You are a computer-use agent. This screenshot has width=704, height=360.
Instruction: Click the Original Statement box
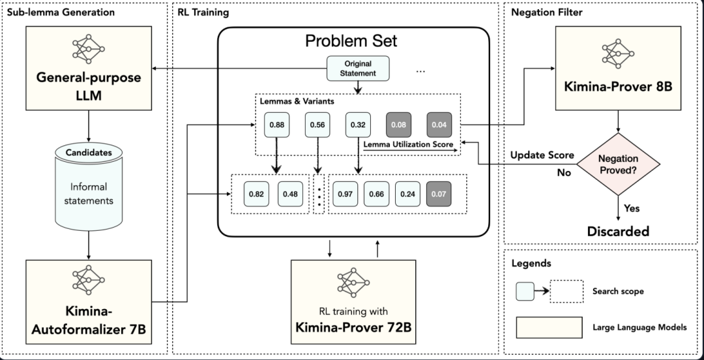click(358, 68)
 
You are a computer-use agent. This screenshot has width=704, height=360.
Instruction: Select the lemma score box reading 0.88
click(276, 125)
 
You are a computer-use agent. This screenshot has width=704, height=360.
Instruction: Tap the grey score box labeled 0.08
click(399, 125)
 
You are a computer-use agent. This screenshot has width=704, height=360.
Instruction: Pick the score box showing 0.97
click(345, 194)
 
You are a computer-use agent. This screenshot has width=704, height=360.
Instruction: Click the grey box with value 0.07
click(439, 194)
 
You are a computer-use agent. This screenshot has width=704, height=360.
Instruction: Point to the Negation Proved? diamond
click(618, 164)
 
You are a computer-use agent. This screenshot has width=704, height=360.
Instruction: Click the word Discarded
click(618, 232)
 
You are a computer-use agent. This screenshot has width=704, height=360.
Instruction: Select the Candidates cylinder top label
click(89, 153)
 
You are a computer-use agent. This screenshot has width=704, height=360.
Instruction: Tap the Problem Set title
click(351, 41)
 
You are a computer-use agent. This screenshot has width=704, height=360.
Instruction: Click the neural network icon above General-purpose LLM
click(89, 49)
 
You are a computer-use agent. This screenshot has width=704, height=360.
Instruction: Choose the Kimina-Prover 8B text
click(618, 86)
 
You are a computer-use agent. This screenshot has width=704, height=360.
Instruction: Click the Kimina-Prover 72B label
click(353, 327)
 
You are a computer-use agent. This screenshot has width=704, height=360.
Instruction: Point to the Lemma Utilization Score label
click(408, 144)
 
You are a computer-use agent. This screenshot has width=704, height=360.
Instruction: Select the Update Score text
click(542, 155)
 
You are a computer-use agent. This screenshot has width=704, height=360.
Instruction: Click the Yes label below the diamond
click(632, 209)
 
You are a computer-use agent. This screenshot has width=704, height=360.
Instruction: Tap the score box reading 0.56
click(317, 125)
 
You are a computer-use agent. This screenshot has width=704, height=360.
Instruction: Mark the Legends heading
click(531, 263)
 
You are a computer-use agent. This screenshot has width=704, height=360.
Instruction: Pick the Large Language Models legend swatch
click(549, 327)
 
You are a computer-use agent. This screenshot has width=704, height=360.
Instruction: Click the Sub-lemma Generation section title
click(61, 12)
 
